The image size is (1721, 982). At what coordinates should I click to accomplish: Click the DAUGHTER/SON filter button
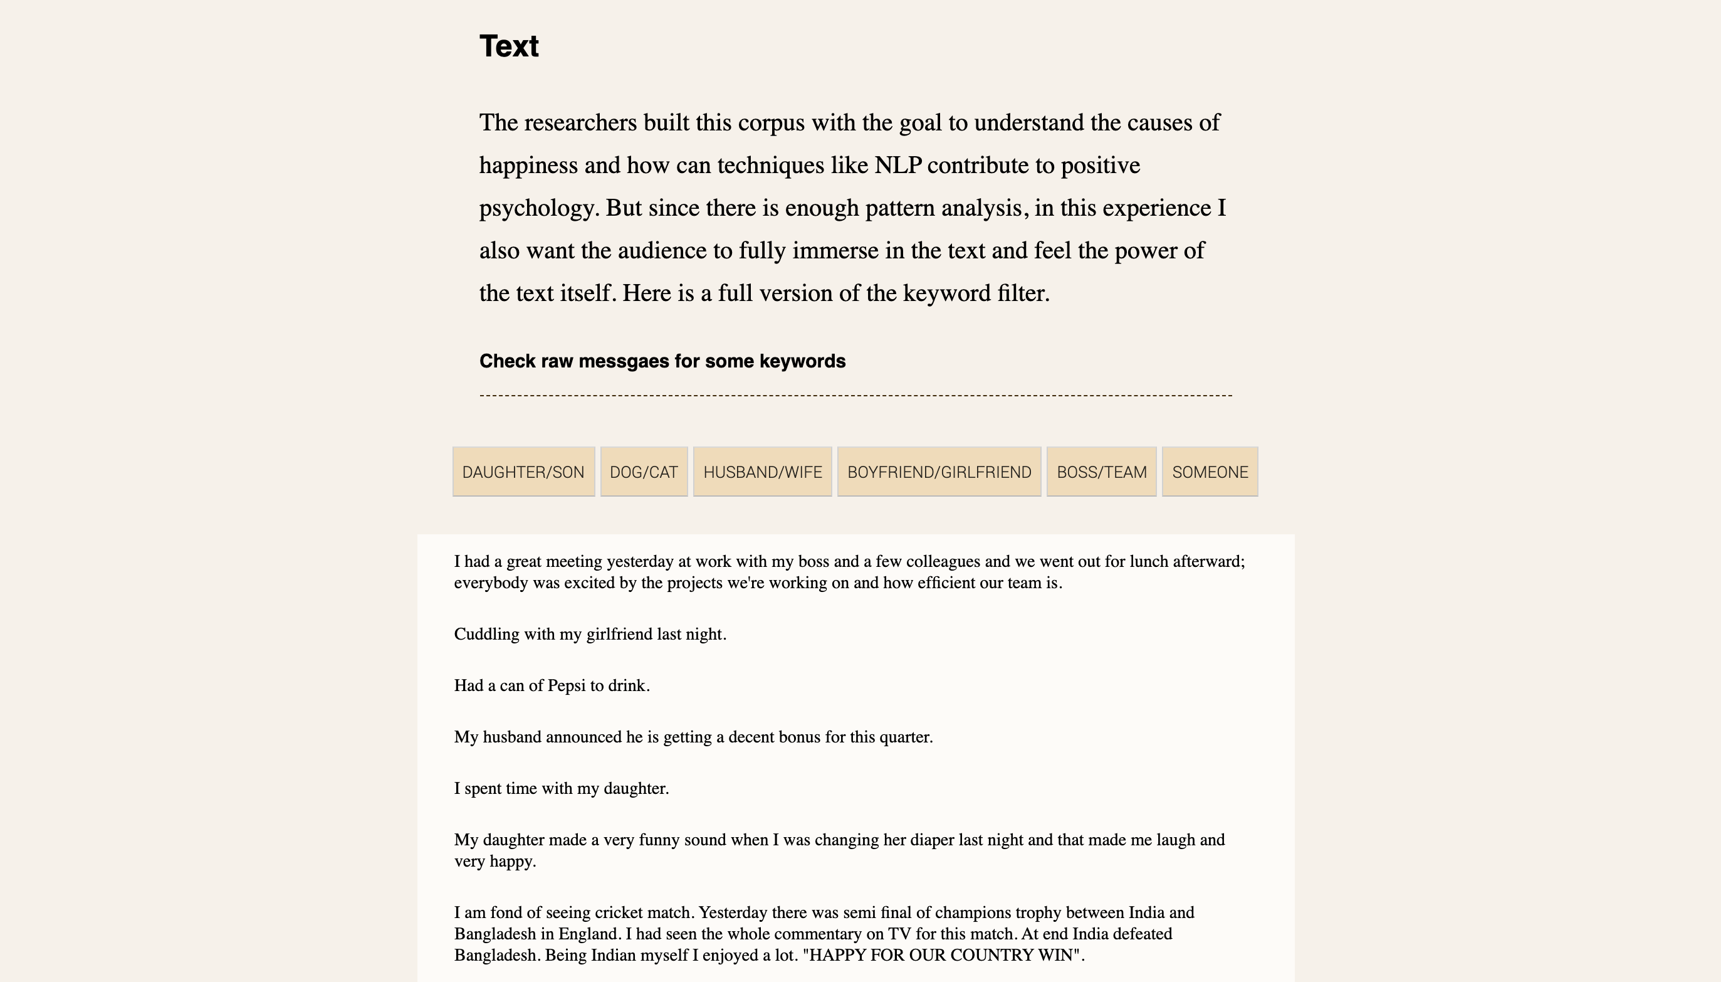click(523, 472)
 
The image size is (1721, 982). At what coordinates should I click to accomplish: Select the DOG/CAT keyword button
click(644, 472)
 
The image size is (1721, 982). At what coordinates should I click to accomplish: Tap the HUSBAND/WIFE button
click(763, 472)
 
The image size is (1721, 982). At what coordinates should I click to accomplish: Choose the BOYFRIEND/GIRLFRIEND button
click(939, 472)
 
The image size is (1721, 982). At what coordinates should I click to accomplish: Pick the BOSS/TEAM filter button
click(1102, 472)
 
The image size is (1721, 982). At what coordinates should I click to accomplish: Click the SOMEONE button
click(1210, 472)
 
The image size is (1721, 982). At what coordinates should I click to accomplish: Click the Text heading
click(509, 46)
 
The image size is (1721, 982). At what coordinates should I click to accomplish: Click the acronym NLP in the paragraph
click(897, 166)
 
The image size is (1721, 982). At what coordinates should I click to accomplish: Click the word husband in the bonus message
click(511, 737)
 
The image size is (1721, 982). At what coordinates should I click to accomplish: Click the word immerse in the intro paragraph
click(835, 251)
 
